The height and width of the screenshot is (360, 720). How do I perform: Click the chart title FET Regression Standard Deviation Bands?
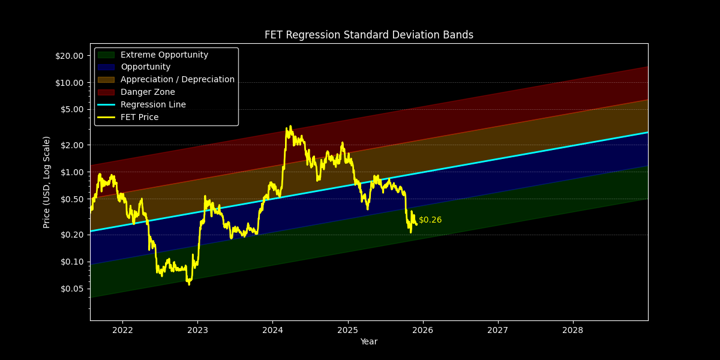(x=368, y=35)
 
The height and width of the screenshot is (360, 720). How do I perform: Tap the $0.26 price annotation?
(x=430, y=220)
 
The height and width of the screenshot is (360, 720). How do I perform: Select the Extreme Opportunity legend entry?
(x=164, y=55)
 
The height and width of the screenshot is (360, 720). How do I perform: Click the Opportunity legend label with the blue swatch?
(x=145, y=67)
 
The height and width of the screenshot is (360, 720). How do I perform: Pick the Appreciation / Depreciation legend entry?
(x=177, y=80)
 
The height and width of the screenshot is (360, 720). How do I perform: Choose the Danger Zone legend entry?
(x=148, y=92)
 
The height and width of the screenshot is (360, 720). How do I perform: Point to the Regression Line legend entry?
(x=153, y=105)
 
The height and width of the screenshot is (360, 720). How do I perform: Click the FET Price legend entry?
(x=139, y=118)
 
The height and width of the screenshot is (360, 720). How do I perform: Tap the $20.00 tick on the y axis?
(x=69, y=56)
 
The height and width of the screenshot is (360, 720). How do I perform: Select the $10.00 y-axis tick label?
(x=69, y=83)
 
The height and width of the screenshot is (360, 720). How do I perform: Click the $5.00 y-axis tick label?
(x=71, y=110)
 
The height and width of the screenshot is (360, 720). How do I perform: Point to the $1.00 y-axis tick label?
(x=71, y=172)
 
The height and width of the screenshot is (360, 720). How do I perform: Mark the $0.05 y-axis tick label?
(x=71, y=289)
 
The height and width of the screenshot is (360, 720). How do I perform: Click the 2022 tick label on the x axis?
(x=122, y=330)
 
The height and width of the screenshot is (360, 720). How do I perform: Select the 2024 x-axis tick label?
(x=272, y=330)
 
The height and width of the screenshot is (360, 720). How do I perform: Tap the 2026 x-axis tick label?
(x=422, y=330)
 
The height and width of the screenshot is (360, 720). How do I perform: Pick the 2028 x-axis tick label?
(x=572, y=330)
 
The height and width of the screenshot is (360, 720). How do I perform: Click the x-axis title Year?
(x=368, y=342)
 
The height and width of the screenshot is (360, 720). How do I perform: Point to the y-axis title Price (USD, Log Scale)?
(x=47, y=182)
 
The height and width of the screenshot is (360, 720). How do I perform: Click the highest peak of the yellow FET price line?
(x=290, y=127)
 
